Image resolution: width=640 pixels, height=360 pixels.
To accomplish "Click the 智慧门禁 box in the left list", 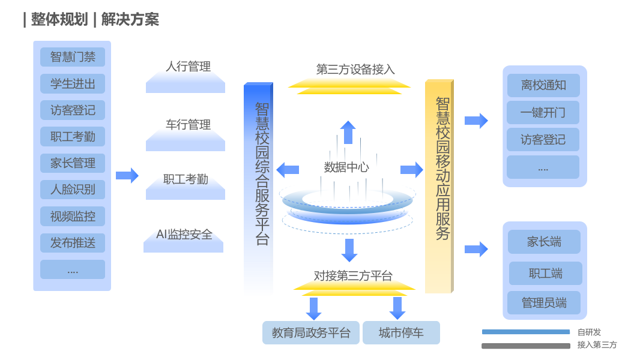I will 73,57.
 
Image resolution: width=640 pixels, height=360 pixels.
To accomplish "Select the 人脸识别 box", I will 73,190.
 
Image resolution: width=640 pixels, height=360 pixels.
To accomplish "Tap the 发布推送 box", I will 73,243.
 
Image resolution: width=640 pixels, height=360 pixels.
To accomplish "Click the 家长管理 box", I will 73,163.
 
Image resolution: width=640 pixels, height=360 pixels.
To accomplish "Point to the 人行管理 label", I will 188,67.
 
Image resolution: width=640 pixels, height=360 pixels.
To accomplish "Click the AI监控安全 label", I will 184,235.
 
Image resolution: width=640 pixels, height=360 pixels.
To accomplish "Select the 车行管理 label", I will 188,125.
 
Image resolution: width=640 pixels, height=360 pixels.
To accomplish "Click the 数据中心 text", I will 346,167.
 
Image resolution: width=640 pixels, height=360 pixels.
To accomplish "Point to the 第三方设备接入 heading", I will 355,70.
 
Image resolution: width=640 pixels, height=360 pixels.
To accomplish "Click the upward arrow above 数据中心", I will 348,132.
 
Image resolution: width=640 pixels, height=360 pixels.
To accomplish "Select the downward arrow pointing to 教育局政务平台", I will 313,308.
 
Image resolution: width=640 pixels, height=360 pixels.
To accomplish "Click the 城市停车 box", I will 401,333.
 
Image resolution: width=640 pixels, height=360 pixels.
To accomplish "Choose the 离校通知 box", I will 543,85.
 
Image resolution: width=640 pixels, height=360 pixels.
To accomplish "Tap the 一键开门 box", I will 543,113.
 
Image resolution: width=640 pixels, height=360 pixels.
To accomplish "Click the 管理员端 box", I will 543,303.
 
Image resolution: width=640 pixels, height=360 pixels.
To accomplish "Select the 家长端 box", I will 544,242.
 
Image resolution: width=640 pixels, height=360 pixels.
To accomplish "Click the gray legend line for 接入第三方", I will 526,346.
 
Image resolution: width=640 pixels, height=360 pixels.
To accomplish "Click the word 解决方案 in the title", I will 130,20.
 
